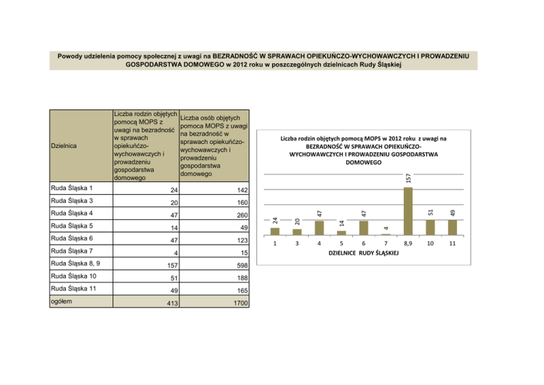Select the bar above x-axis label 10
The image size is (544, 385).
(431, 227)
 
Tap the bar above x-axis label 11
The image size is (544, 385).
(453, 227)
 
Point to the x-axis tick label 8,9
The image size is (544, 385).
(408, 242)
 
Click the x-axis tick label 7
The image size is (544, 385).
(386, 242)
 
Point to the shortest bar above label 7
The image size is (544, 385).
(386, 234)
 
